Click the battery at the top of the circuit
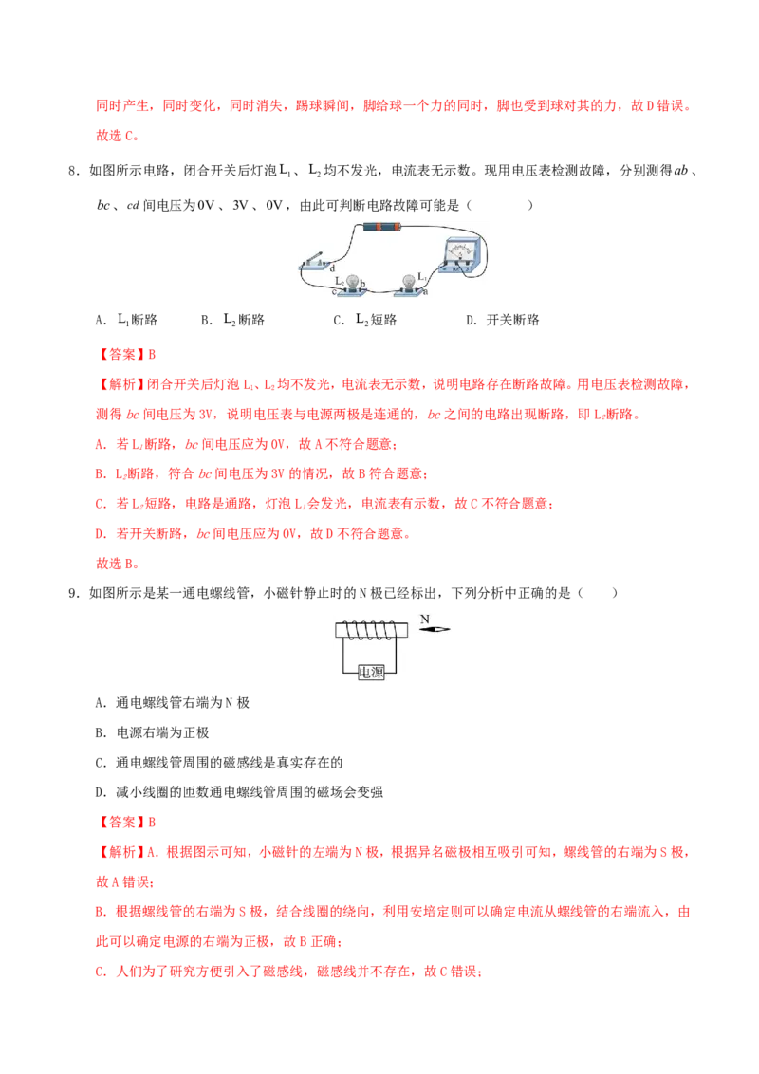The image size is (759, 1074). pos(382,226)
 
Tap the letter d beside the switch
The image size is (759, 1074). pos(333,268)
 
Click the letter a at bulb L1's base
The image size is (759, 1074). pos(425,292)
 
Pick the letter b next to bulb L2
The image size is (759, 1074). pos(362,283)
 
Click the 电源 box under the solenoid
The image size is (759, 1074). pos(371,673)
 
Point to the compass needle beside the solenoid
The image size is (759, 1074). pos(435,629)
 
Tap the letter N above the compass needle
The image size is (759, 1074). pos(425,619)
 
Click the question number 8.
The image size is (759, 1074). pos(74,171)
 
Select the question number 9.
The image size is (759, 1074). pos(74,593)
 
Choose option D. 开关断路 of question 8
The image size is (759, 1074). pos(503,320)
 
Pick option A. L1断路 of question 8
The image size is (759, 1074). pos(127,320)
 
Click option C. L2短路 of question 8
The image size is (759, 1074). pos(365,320)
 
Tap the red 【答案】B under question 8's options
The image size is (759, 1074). pos(126,354)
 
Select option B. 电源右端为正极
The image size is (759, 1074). pos(152,732)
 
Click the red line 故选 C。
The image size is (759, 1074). pos(118,136)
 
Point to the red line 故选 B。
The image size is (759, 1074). pos(118,564)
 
